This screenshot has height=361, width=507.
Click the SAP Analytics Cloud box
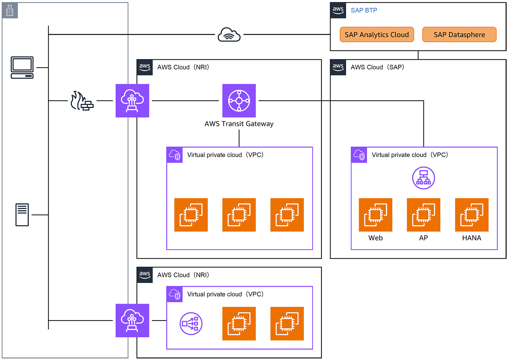coord(377,34)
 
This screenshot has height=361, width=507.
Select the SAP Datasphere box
coord(459,34)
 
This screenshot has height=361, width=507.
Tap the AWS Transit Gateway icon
coord(239,101)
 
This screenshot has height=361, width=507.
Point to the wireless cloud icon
coord(229,34)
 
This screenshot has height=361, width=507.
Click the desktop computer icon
coord(22,68)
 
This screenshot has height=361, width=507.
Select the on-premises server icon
coord(22,215)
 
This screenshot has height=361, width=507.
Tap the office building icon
coord(10,10)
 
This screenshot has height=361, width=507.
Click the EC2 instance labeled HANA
coord(472,215)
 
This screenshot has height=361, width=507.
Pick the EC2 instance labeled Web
coord(375,215)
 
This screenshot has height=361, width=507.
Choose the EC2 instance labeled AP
coord(424,215)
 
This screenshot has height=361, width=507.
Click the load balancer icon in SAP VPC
coord(424,178)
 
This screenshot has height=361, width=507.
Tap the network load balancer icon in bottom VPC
coord(191,324)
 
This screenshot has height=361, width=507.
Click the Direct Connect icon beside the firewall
coord(132,101)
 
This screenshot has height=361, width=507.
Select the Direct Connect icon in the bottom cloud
coord(132,320)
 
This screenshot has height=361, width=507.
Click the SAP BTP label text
coord(364,10)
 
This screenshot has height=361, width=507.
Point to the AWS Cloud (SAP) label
coord(377,67)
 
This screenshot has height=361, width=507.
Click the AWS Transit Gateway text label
coord(239,124)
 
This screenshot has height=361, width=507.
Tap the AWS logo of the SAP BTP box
coord(338,10)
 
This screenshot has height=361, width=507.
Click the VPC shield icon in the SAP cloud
coord(359,155)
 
